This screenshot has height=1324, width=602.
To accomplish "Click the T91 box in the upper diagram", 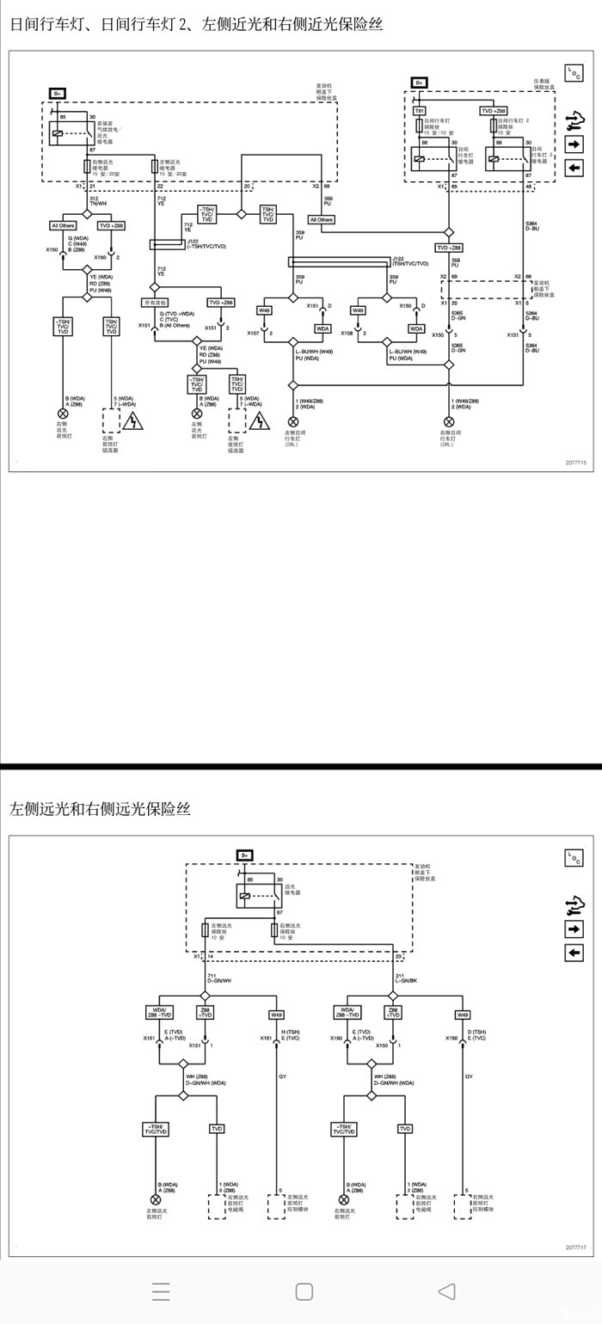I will [x=420, y=111].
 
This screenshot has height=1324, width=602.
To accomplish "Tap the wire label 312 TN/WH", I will [x=97, y=201].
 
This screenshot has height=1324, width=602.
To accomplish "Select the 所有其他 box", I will [x=155, y=303].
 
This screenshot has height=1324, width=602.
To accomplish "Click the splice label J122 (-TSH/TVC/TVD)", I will [x=206, y=244].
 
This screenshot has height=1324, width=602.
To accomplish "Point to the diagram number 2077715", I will [x=575, y=463].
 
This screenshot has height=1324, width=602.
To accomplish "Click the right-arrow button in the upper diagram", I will [x=574, y=144].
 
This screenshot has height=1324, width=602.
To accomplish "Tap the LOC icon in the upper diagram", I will [x=574, y=74].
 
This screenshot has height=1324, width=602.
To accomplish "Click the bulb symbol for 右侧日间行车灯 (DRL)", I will [x=448, y=421].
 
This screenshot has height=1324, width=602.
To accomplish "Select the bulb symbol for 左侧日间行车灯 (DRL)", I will [x=292, y=421].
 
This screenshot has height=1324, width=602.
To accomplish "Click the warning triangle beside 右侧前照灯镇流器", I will [x=133, y=421].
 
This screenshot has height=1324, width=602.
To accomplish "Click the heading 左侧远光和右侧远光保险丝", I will [x=100, y=809].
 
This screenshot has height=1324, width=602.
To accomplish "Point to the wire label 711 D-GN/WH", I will [x=219, y=978].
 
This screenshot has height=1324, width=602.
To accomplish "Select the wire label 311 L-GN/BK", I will [x=406, y=978].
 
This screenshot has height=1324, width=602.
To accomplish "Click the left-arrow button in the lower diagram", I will [x=574, y=953].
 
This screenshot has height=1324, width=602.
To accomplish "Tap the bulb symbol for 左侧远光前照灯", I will [x=156, y=1199].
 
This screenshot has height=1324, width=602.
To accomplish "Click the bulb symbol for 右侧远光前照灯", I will [x=344, y=1199].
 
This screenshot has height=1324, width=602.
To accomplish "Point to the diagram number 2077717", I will [x=575, y=1247].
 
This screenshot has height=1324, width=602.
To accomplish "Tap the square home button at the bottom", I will [x=304, y=1291].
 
